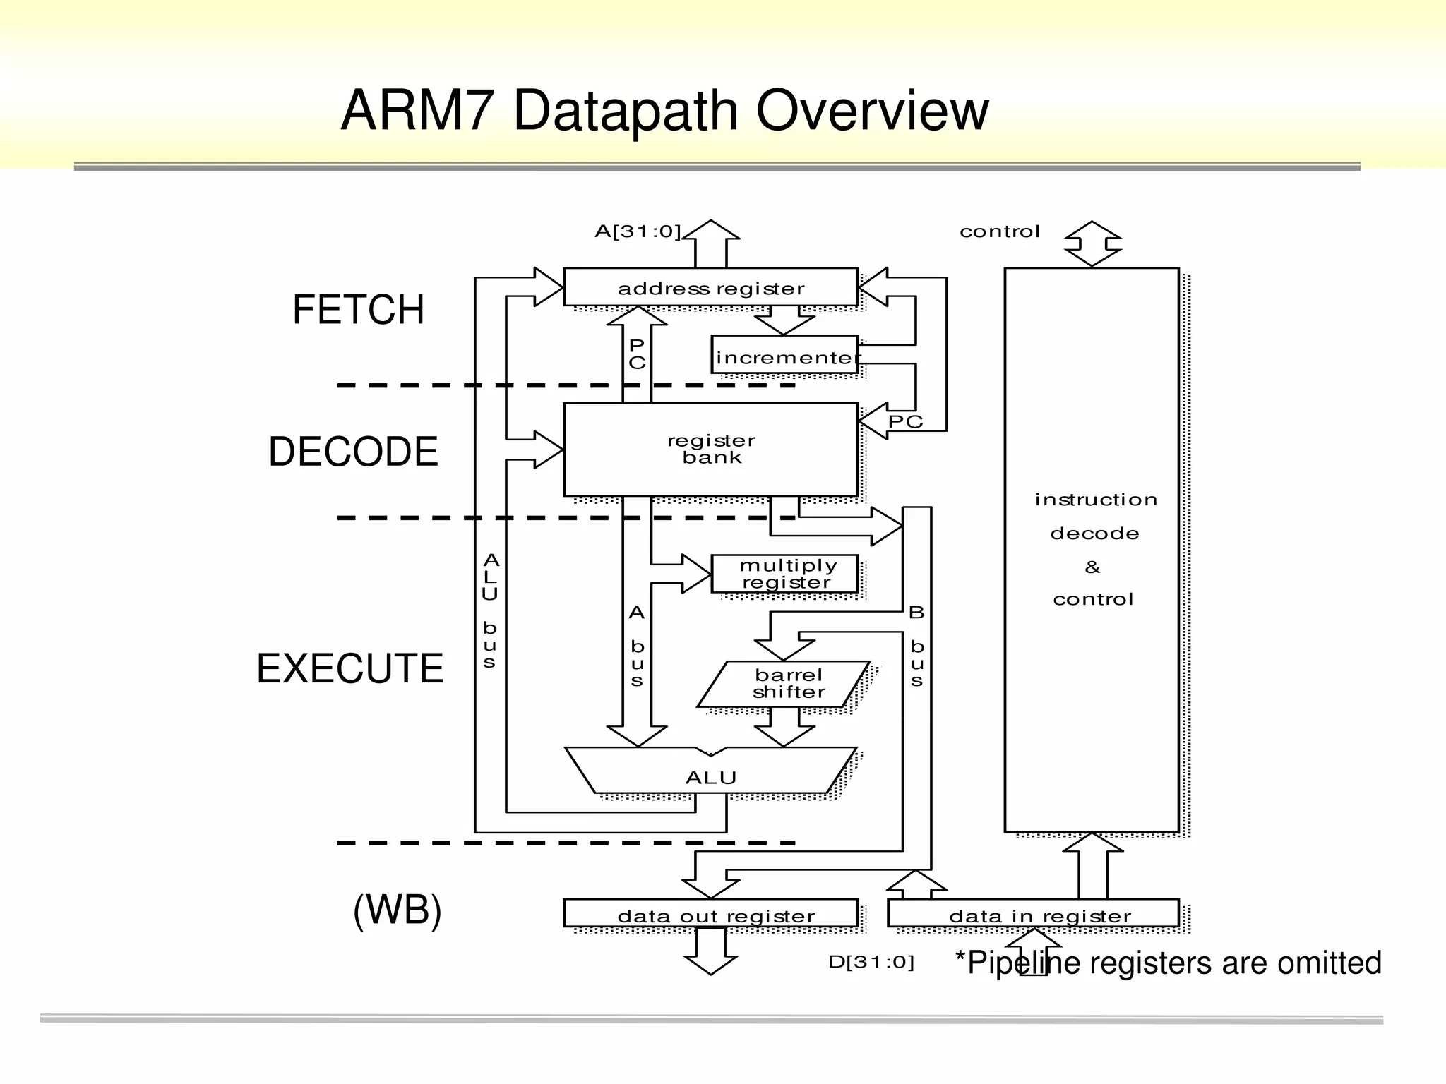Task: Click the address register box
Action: (x=710, y=288)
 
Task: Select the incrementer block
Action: (x=785, y=356)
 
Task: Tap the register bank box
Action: (x=710, y=450)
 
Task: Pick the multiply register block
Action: (x=785, y=574)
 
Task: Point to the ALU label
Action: (x=710, y=778)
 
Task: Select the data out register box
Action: (x=710, y=915)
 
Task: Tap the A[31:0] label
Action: (x=637, y=231)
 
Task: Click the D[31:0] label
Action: (x=871, y=962)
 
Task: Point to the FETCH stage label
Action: (x=358, y=310)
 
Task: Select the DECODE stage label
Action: (x=353, y=452)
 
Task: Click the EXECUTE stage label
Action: (x=349, y=668)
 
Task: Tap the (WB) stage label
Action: (x=397, y=910)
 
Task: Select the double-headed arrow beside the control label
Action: (x=1092, y=244)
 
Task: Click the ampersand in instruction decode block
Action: (x=1092, y=567)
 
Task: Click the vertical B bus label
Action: (x=916, y=646)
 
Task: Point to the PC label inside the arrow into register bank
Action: (x=904, y=422)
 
